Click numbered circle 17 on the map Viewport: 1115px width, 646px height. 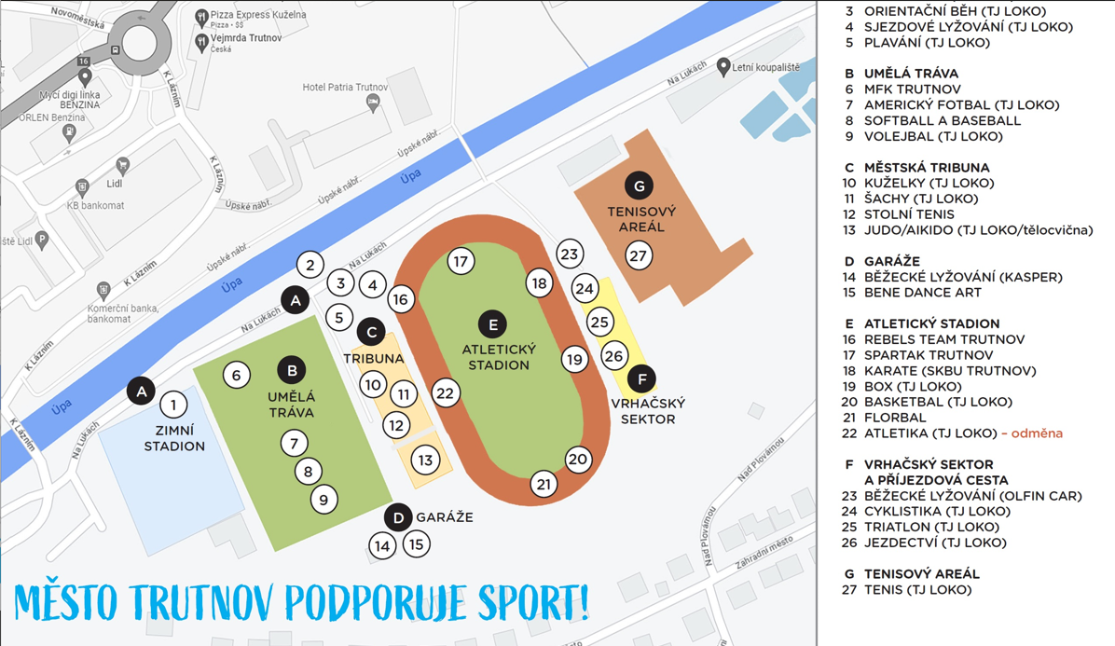pyautogui.click(x=460, y=261)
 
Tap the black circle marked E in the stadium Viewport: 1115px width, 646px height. pyautogui.click(x=492, y=324)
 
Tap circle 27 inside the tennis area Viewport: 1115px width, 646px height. pyautogui.click(x=638, y=255)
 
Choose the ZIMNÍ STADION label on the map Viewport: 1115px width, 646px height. pyautogui.click(x=174, y=438)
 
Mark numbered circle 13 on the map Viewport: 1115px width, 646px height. pyautogui.click(x=425, y=460)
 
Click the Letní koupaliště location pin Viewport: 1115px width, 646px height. pyautogui.click(x=723, y=67)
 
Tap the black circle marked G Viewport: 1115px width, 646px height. pyautogui.click(x=639, y=186)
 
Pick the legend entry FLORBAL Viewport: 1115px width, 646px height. pyautogui.click(x=895, y=418)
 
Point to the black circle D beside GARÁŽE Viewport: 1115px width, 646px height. pyautogui.click(x=398, y=517)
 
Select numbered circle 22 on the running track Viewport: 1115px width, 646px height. pyautogui.click(x=445, y=393)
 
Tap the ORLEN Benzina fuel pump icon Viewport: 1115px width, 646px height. pyautogui.click(x=69, y=132)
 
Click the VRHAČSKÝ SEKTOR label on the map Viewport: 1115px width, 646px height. pyautogui.click(x=647, y=411)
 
